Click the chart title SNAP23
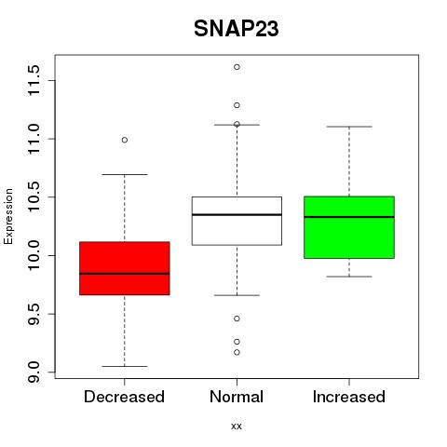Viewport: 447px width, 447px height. [x=237, y=29]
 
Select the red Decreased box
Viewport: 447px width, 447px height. [x=125, y=268]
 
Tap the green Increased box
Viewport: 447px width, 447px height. [x=349, y=227]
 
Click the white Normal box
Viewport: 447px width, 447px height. [x=237, y=221]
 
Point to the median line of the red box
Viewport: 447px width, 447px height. [x=125, y=274]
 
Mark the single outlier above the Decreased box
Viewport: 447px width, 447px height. [x=125, y=140]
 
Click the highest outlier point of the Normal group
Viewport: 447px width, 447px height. [x=237, y=67]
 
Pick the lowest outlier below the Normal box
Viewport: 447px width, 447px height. [x=237, y=352]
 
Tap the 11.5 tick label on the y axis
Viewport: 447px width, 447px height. [x=34, y=80]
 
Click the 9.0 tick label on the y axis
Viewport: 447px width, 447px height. [x=34, y=372]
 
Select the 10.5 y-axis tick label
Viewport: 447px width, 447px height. [x=34, y=197]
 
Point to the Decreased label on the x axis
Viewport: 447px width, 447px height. [x=124, y=397]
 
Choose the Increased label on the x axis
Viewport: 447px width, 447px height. [x=349, y=397]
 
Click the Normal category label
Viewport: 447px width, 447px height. [x=237, y=397]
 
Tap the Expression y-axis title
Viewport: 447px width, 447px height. [x=8, y=216]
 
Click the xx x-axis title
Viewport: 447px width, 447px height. [x=237, y=427]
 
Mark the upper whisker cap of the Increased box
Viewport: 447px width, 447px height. [x=349, y=127]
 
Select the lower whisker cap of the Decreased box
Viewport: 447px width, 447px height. [x=125, y=366]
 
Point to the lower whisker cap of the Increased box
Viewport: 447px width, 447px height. [x=349, y=277]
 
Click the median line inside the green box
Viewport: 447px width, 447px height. [x=349, y=217]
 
